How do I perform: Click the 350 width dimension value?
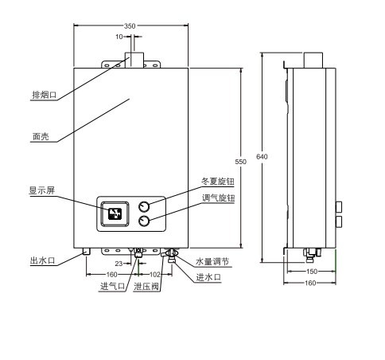(130, 25)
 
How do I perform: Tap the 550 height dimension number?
(240, 162)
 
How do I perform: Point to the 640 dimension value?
(262, 157)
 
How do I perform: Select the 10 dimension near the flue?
(119, 37)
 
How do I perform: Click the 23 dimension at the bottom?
(119, 264)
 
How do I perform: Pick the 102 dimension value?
(155, 274)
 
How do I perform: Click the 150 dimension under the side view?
(312, 272)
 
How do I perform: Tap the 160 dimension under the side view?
(310, 283)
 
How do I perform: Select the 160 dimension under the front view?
(111, 274)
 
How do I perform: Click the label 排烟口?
(45, 95)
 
